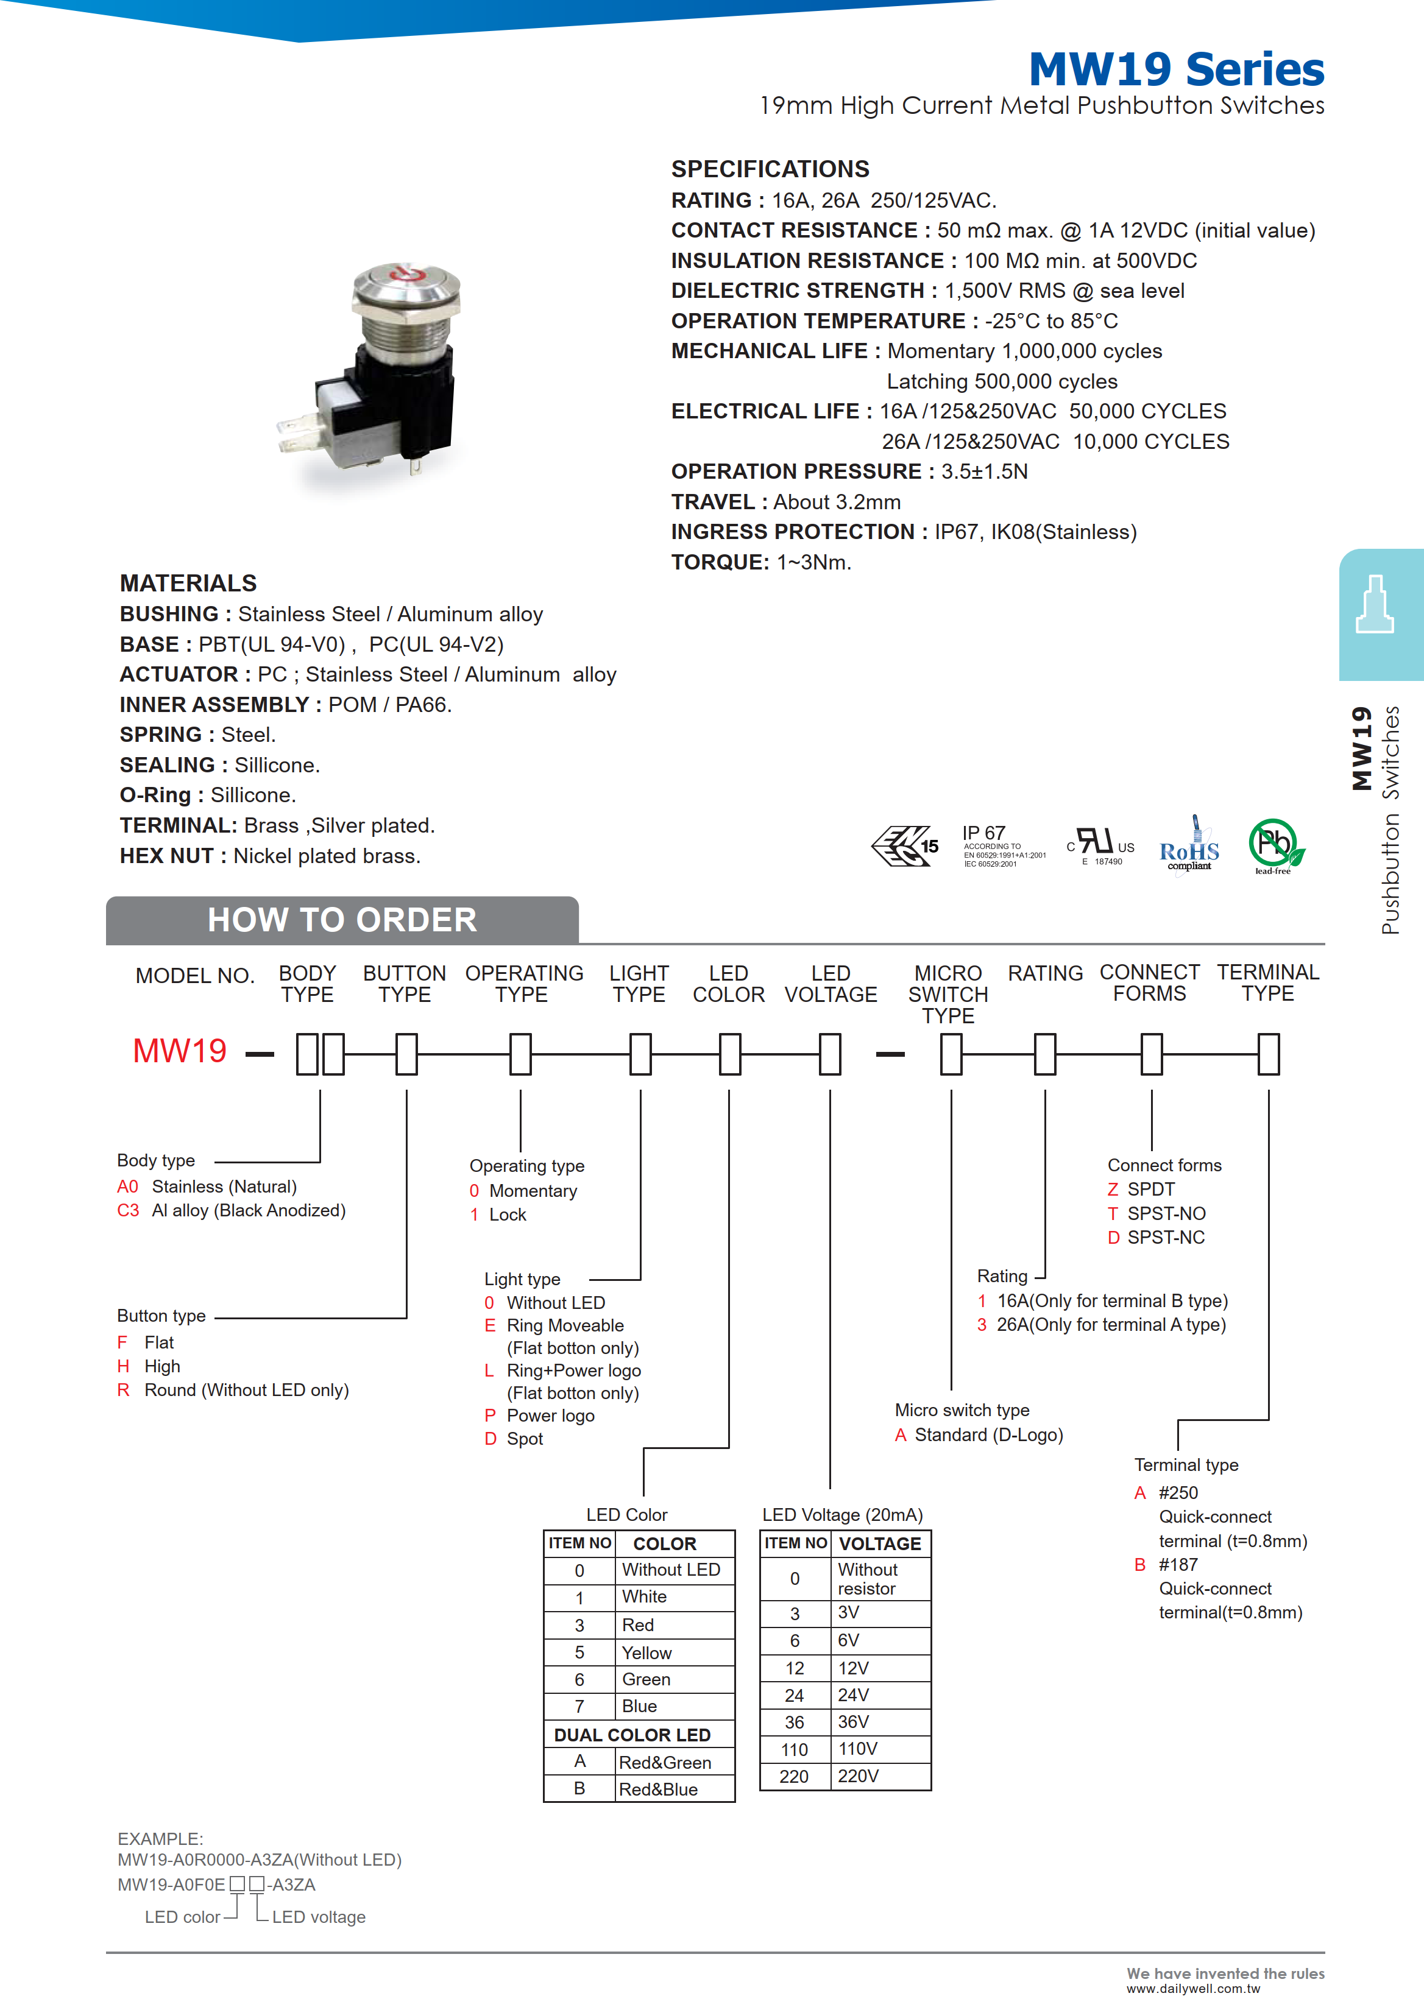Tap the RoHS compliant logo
pos(1188,847)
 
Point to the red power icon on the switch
pos(405,274)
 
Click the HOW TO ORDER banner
pos(342,920)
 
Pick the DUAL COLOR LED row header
pos(632,1735)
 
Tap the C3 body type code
pos(128,1210)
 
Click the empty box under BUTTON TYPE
pos(406,1054)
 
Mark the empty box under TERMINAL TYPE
pos(1268,1054)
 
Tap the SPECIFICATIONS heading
pos(770,169)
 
